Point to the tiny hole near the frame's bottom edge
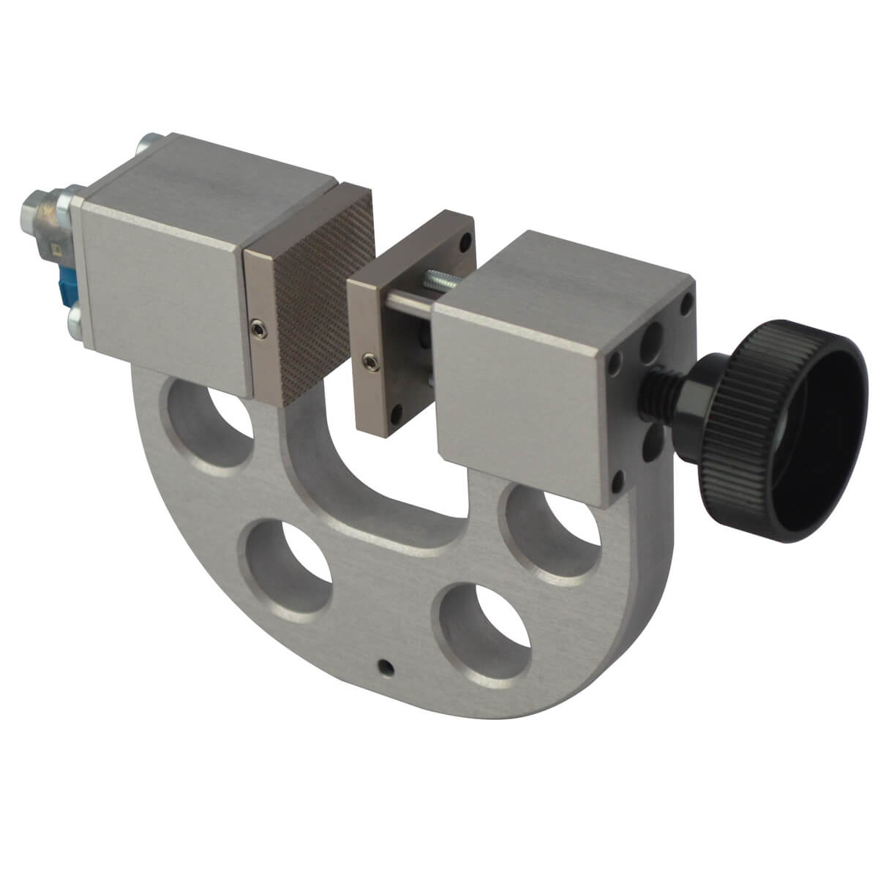[x=385, y=666]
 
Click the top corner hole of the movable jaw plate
[x=462, y=239]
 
